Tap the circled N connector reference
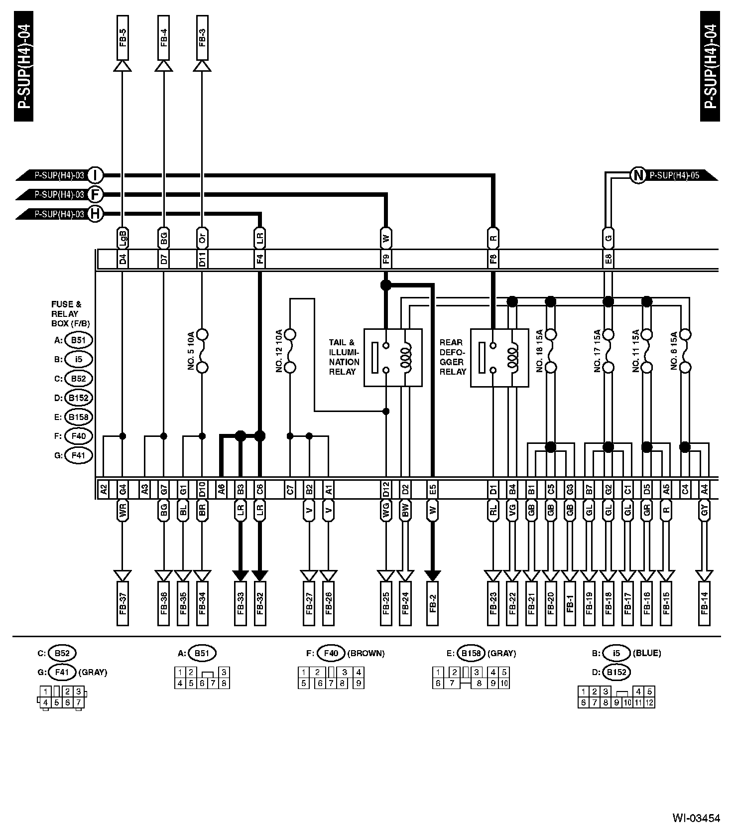click(x=638, y=175)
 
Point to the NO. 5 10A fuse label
click(x=191, y=351)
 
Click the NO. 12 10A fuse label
click(x=279, y=351)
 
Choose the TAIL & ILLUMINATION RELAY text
click(x=344, y=357)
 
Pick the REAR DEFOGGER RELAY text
click(x=453, y=357)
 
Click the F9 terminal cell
click(x=386, y=260)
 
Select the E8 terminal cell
click(x=608, y=260)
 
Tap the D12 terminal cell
click(x=386, y=489)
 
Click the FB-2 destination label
click(x=432, y=603)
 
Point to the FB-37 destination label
click(x=122, y=603)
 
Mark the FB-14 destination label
click(x=704, y=603)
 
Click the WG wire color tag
click(x=386, y=511)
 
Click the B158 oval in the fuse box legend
click(x=79, y=417)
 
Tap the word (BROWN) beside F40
click(x=366, y=653)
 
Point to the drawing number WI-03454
click(x=696, y=818)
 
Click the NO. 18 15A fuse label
click(x=539, y=351)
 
